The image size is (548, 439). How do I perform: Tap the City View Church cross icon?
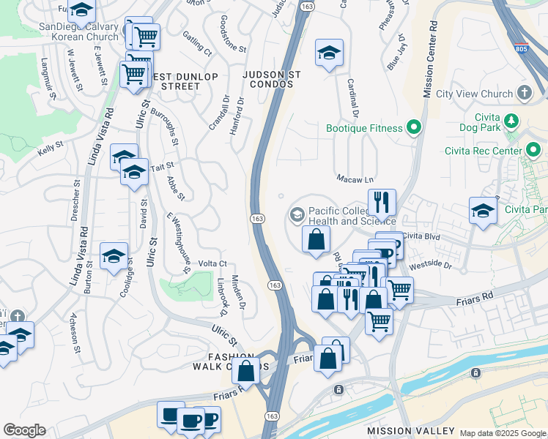pyautogui.click(x=524, y=93)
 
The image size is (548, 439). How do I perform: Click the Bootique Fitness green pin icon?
pyautogui.click(x=414, y=129)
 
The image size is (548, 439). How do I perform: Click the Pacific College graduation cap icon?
pyautogui.click(x=297, y=214)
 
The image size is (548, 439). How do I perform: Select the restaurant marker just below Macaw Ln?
pyautogui.click(x=382, y=202)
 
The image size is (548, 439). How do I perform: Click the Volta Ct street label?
pyautogui.click(x=212, y=263)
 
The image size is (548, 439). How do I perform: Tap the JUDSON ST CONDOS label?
pyautogui.click(x=268, y=78)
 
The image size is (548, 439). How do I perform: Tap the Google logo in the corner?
pyautogui.click(x=24, y=430)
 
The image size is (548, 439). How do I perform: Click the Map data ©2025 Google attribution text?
pyautogui.click(x=503, y=433)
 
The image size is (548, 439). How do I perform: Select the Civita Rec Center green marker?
pyautogui.click(x=534, y=151)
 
